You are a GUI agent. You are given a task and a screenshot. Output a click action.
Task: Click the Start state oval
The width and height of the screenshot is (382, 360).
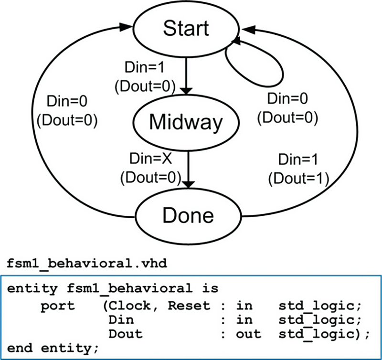pyautogui.click(x=186, y=28)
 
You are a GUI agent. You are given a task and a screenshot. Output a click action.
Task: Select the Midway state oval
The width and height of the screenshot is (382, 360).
pyautogui.click(x=186, y=123)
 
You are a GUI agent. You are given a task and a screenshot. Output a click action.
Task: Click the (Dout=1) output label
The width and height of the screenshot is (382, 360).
pyautogui.click(x=298, y=178)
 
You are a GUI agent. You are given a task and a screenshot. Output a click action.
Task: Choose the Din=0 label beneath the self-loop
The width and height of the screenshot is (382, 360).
pyautogui.click(x=287, y=99)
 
